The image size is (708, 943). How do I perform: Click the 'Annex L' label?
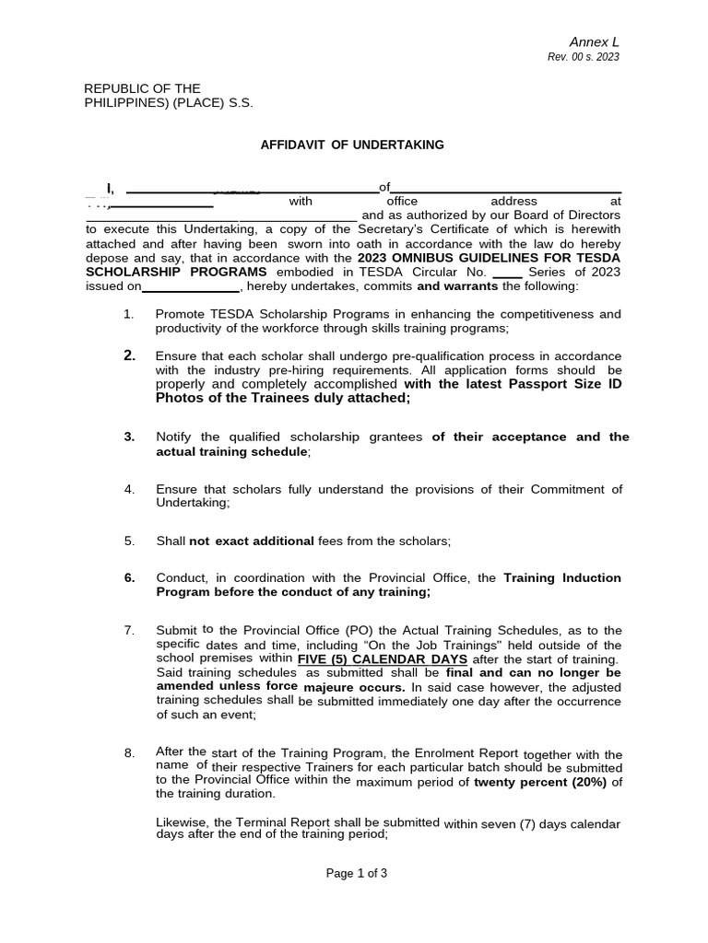594,42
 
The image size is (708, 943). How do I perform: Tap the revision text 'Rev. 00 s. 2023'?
583,57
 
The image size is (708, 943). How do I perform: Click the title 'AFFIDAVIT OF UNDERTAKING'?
352,145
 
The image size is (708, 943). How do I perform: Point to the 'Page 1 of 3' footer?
357,874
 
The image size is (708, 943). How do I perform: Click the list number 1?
129,314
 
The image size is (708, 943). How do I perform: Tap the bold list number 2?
129,355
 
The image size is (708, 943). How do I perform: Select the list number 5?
129,541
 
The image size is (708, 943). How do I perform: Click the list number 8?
129,753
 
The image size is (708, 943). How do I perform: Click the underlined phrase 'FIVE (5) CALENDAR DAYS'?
382,660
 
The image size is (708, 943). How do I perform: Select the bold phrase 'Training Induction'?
562,577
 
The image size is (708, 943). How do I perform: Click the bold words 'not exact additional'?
251,541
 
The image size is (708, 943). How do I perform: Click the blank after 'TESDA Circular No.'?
508,274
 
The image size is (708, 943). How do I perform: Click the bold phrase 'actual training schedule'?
231,451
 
